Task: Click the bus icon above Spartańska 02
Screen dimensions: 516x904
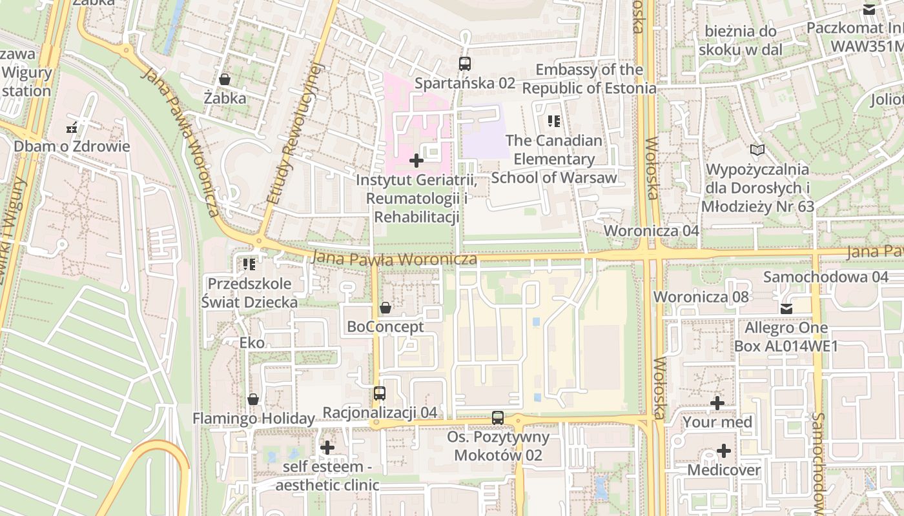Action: pyautogui.click(x=464, y=63)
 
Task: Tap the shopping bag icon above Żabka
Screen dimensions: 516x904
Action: pyautogui.click(x=225, y=79)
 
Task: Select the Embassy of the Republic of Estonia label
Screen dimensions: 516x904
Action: pyautogui.click(x=589, y=79)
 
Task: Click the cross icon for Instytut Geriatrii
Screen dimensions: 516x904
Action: pyautogui.click(x=416, y=160)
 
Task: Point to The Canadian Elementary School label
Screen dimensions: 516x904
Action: pyautogui.click(x=554, y=159)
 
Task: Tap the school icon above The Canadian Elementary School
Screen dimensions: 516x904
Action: pyautogui.click(x=553, y=121)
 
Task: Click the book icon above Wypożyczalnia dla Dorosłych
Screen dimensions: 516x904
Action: pyautogui.click(x=757, y=150)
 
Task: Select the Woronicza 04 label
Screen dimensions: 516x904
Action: pyautogui.click(x=651, y=231)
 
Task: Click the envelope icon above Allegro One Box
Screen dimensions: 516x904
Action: pyautogui.click(x=786, y=309)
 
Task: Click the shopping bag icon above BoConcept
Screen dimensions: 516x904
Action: pyautogui.click(x=385, y=308)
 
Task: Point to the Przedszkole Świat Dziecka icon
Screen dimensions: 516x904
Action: pyautogui.click(x=249, y=264)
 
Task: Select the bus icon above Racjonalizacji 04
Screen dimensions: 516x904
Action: pyautogui.click(x=380, y=393)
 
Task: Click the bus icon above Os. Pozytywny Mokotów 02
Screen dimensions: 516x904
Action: pyautogui.click(x=498, y=417)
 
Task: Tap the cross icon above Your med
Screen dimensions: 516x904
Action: pyautogui.click(x=717, y=403)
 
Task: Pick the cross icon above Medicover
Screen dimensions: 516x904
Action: pyautogui.click(x=724, y=451)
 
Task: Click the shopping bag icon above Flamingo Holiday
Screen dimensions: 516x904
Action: pyautogui.click(x=253, y=399)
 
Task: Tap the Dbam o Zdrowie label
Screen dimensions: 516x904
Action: pyautogui.click(x=72, y=146)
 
